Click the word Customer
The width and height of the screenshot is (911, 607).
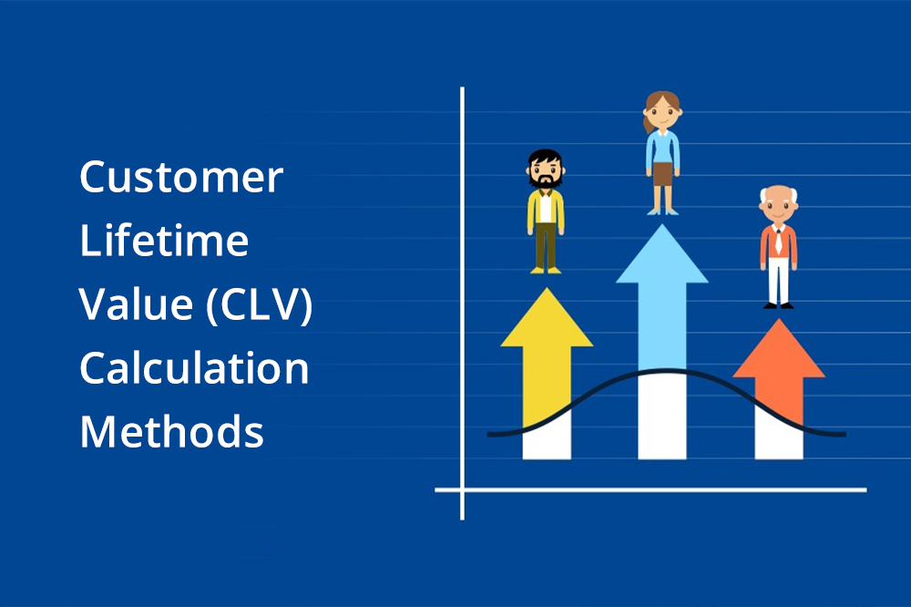click(181, 177)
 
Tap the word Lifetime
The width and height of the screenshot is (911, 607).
click(164, 241)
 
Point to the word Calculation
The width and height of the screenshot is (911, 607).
click(194, 368)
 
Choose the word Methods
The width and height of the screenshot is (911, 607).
click(171, 432)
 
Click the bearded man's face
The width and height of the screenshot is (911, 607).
click(545, 173)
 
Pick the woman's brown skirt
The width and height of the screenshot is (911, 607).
click(662, 172)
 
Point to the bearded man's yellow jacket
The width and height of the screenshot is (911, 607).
click(532, 211)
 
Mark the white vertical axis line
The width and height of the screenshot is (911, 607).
click(462, 273)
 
